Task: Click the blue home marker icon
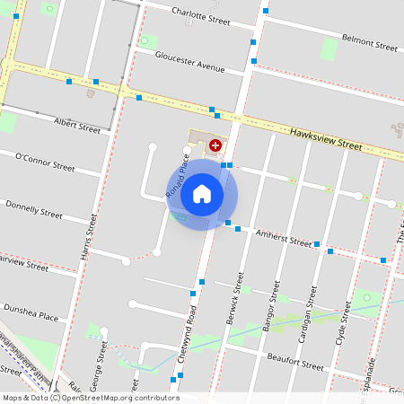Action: coord(202,193)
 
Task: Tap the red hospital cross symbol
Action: coord(215,145)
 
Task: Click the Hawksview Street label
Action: coord(326,138)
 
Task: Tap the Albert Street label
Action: coord(77,126)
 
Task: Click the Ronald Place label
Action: coord(177,176)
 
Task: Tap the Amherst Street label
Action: coord(284,238)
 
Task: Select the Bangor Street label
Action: coord(270,308)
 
